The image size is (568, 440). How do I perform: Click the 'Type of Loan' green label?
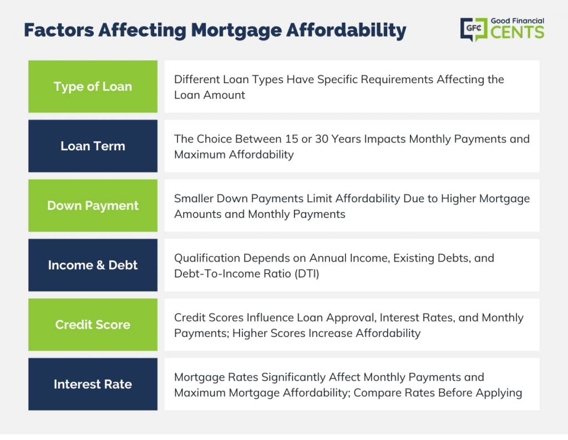tap(93, 86)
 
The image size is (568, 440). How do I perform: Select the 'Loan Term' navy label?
tap(93, 146)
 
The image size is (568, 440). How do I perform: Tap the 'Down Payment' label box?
tap(93, 206)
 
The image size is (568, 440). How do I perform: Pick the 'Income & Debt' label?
tap(93, 265)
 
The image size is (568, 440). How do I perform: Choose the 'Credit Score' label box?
tap(93, 325)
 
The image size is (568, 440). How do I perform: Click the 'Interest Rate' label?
tap(93, 384)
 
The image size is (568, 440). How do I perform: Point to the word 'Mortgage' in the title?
tap(236, 31)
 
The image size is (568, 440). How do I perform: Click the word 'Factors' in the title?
tap(59, 30)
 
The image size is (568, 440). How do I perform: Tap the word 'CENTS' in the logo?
tap(518, 32)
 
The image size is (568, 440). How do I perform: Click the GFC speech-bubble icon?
tap(474, 29)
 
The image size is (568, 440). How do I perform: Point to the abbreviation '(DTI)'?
tap(307, 274)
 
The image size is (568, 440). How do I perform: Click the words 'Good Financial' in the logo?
tap(518, 21)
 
